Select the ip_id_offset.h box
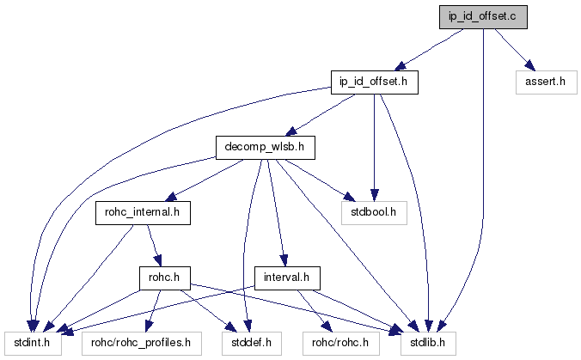coord(375,83)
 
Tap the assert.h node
coord(544,83)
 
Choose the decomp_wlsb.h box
coord(265,148)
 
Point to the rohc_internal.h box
coord(142,212)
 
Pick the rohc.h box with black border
coord(163,278)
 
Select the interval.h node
coord(287,278)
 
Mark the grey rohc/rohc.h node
coord(340,342)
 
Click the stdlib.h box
coord(425,342)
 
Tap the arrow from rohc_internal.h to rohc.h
coord(153,245)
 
